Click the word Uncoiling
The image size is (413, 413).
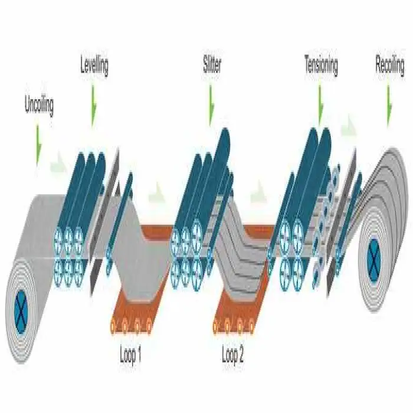40,106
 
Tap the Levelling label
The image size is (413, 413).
94,65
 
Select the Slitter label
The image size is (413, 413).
212,64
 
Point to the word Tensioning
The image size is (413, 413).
322,65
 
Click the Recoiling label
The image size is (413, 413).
390,65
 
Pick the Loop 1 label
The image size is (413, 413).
130,355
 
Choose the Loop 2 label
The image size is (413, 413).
232,355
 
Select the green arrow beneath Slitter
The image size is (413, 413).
211,105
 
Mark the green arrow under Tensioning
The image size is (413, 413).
320,106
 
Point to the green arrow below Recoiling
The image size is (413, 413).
389,106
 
